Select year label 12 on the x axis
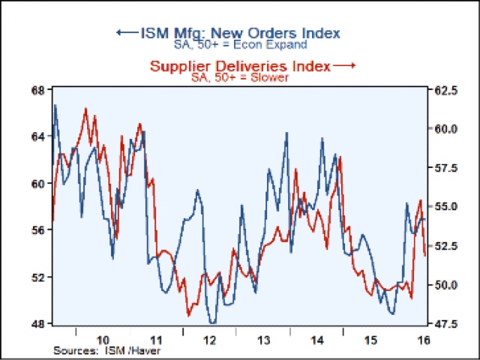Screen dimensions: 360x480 [x=211, y=339]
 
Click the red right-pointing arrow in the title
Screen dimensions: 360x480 [x=344, y=66]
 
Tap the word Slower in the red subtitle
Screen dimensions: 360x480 [x=272, y=77]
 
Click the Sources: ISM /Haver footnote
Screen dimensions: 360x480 [x=107, y=350]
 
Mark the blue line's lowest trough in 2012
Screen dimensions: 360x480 [x=213, y=322]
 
